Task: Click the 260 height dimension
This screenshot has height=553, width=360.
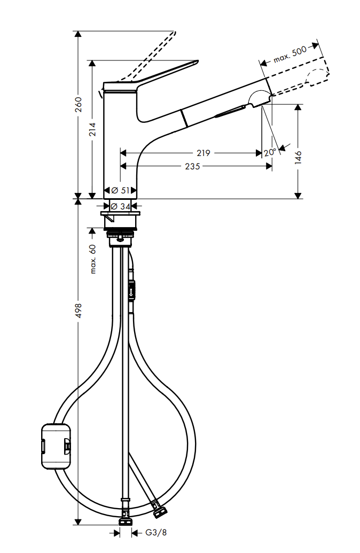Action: click(x=79, y=104)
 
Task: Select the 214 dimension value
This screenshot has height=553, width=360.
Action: click(x=92, y=129)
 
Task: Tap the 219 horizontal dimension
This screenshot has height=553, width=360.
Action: click(x=203, y=153)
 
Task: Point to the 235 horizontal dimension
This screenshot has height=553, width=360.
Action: click(x=192, y=166)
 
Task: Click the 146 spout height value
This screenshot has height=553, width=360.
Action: click(x=298, y=157)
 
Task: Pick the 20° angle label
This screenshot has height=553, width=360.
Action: click(x=270, y=152)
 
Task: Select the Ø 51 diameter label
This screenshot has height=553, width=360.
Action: click(x=120, y=190)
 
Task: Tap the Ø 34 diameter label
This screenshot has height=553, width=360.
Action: click(x=120, y=206)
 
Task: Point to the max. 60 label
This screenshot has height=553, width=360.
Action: click(x=93, y=259)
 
